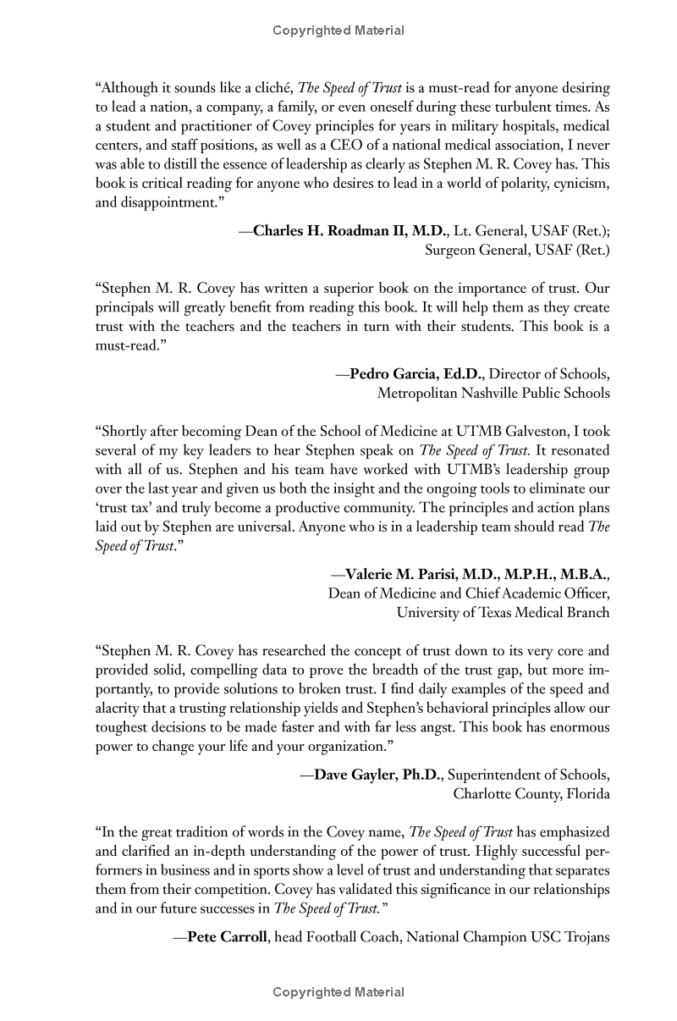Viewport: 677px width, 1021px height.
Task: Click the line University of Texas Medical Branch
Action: pos(503,612)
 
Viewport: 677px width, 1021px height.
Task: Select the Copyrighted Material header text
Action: pos(338,30)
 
